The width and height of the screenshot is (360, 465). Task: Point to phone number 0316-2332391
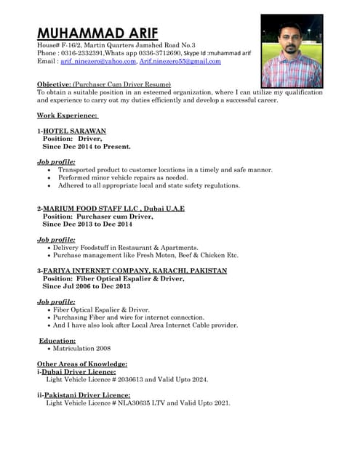pyautogui.click(x=82, y=53)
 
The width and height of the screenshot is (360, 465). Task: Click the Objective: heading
pyautogui.click(x=54, y=84)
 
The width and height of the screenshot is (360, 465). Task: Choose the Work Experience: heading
pyautogui.click(x=67, y=115)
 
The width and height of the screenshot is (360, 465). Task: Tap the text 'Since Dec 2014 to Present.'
pyautogui.click(x=87, y=146)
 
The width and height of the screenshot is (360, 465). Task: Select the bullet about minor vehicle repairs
pyautogui.click(x=123, y=177)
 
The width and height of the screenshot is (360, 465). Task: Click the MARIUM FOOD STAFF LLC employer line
pyautogui.click(x=113, y=209)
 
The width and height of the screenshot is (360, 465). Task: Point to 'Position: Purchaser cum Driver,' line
pyautogui.click(x=98, y=216)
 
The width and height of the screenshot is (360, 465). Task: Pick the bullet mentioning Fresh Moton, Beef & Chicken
pyautogui.click(x=145, y=255)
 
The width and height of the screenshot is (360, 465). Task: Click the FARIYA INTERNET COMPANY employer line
pyautogui.click(x=135, y=270)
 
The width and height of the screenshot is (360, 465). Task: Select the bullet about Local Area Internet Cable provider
pyautogui.click(x=145, y=325)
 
